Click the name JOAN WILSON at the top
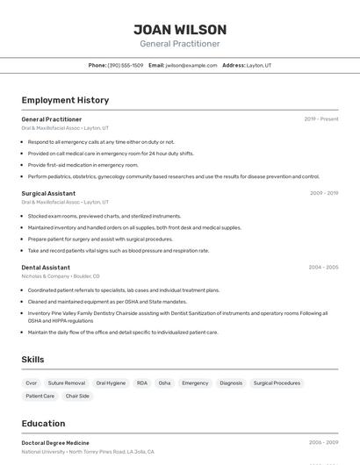coord(180,29)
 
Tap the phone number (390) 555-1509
coord(126,65)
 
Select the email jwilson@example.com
coord(191,65)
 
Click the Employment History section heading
coord(65,100)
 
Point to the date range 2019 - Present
coord(321,118)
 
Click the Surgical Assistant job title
coord(48,193)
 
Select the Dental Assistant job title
coord(46,267)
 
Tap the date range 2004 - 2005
coord(323,267)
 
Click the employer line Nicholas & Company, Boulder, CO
coord(61,276)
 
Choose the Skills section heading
coord(32,360)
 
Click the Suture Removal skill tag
coord(67,383)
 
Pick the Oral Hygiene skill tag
coord(111,383)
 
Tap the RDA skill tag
coord(142,383)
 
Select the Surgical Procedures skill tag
coord(277,383)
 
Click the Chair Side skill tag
coord(77,396)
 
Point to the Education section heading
coord(43,423)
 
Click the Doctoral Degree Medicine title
coord(55,443)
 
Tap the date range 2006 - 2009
coord(323,443)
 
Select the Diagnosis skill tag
coord(231,383)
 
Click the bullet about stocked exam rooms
coord(104,216)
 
